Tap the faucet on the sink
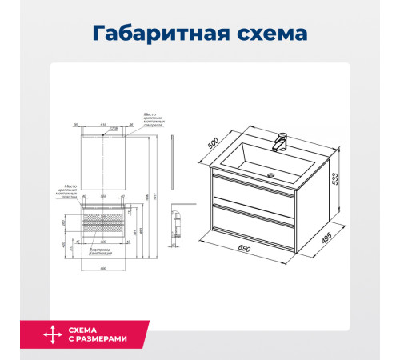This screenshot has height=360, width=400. [279, 142]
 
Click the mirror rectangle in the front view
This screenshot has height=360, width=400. [102, 160]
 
